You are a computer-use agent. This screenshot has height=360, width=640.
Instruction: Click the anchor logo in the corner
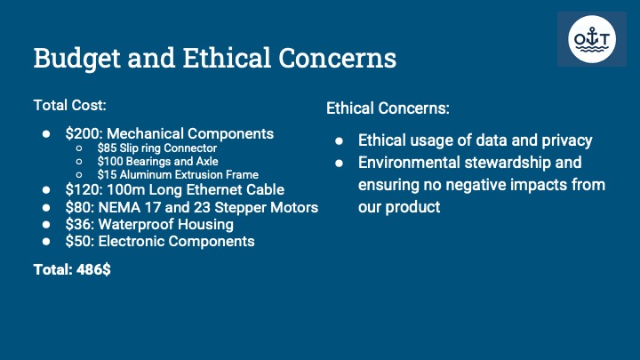point(592,39)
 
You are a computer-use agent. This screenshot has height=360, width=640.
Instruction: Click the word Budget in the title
point(76,59)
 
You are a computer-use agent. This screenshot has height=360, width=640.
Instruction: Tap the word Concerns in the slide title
point(337,58)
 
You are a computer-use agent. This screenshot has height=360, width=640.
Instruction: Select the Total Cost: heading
point(70,105)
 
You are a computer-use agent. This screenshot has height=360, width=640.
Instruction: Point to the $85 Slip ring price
point(107,148)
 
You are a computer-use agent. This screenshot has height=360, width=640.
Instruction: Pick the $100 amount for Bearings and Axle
point(110,161)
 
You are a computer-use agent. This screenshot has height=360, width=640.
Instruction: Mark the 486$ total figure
point(93,270)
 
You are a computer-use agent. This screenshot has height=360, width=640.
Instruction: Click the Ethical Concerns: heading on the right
point(388,108)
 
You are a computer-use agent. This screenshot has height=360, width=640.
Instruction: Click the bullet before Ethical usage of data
point(339,141)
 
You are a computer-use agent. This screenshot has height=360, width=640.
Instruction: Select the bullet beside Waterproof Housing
point(46,225)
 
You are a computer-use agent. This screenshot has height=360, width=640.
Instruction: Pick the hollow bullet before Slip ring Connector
point(79,148)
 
